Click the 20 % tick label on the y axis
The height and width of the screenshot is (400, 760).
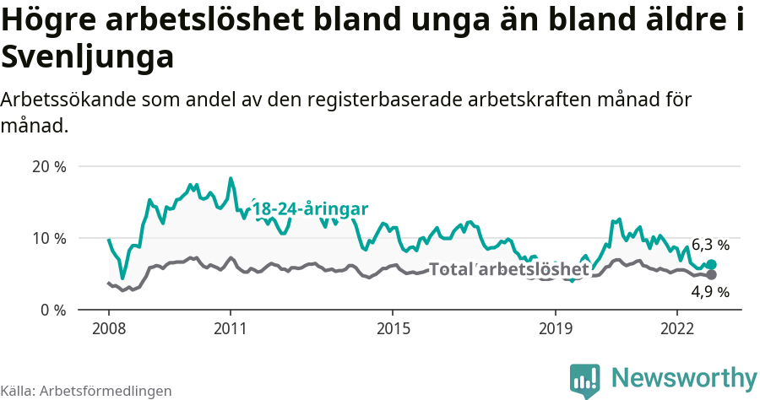pos(49,166)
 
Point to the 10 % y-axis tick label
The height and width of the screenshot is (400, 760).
pos(49,238)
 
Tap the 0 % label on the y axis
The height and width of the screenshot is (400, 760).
pos(52,310)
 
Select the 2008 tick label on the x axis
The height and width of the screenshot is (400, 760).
pos(109,327)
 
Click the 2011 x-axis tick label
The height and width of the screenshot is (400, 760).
pos(231,327)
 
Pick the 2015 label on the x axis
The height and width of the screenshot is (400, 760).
pos(393,327)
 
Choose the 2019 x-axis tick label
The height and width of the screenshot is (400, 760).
pos(555,327)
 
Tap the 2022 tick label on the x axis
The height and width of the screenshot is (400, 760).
pos(676,327)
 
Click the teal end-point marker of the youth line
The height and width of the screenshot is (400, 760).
pos(712,265)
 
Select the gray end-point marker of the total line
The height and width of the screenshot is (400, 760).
pos(712,275)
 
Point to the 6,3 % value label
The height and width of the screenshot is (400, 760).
pos(710,245)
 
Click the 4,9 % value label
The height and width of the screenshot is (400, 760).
pos(710,293)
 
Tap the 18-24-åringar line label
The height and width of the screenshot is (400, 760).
pos(310,208)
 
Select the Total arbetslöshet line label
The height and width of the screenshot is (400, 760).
pos(509,269)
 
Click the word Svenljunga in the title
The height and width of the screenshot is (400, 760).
pos(88,57)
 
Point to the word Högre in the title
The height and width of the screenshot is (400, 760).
pos(52,20)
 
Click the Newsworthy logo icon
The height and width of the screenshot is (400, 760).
pos(584,381)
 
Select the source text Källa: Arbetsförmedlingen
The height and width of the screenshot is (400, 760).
pos(86,391)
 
